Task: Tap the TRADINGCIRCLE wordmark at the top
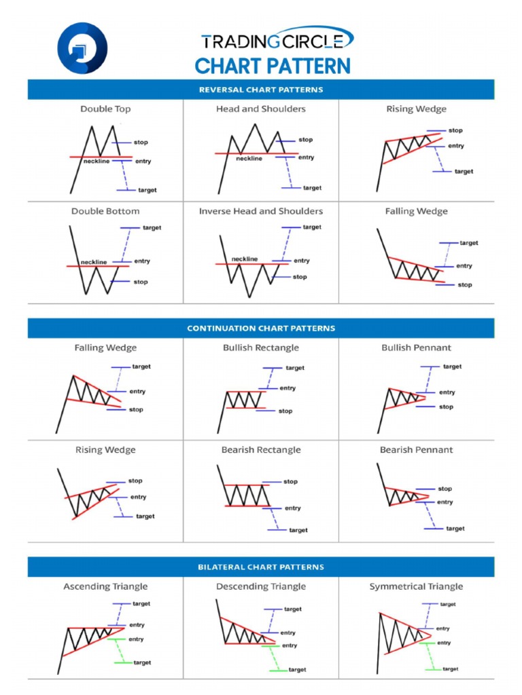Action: pos(277,41)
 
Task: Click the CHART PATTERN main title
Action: pos(273,67)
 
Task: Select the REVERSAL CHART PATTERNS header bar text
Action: pos(261,90)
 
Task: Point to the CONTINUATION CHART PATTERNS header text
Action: pos(261,328)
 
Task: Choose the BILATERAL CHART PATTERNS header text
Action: pos(261,567)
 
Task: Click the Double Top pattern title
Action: pos(105,109)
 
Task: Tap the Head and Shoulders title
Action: pos(261,109)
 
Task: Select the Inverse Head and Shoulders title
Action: pos(261,211)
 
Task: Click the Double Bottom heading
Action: pos(105,211)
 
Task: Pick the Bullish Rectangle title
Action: pos(261,347)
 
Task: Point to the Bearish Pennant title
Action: pos(416,450)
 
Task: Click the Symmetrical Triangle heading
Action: pos(416,586)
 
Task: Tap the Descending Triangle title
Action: pos(261,586)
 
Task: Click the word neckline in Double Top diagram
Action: pos(95,162)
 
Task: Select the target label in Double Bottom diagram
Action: pos(152,228)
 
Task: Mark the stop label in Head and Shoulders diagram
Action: pos(305,140)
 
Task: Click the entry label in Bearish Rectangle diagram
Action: pos(292,508)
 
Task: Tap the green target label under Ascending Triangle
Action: pos(142,662)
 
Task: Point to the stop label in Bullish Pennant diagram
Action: pos(446,407)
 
